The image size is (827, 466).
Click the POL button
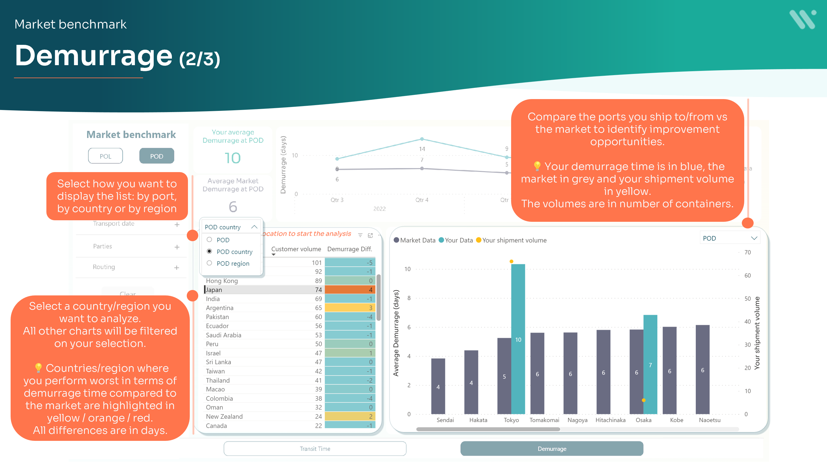pos(105,156)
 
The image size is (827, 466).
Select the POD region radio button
pos(209,263)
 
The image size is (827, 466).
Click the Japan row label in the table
pos(214,290)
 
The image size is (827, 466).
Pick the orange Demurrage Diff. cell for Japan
pos(350,290)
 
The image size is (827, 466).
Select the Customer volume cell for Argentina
pos(318,308)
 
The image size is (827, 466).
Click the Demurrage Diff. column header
pos(349,249)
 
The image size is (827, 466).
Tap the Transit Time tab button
pos(315,449)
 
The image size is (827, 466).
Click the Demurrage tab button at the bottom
pos(551,449)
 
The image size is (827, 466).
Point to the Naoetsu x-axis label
pos(709,420)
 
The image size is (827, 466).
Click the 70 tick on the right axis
pos(747,253)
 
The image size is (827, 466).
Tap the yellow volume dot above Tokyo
pos(511,261)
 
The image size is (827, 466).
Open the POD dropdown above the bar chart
pos(730,238)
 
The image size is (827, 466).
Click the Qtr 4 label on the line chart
pos(421,200)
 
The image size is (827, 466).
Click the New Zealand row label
pos(224,417)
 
